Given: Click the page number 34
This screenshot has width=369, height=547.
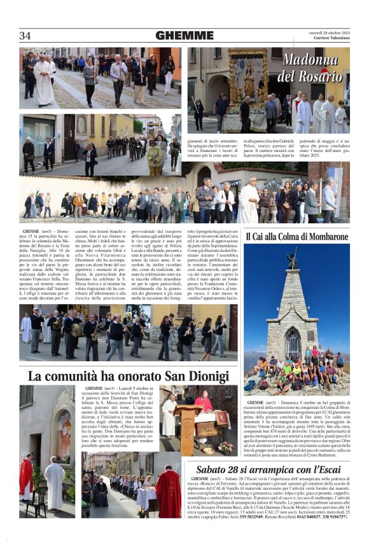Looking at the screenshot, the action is coord(25,36).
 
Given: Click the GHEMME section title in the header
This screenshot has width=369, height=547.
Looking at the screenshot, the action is coord(184,36).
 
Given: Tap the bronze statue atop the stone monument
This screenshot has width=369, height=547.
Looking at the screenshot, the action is coord(292,258).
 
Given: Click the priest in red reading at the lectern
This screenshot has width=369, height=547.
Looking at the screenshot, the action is coord(204,404).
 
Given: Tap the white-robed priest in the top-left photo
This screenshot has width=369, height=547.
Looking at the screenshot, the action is coord(44,80).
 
